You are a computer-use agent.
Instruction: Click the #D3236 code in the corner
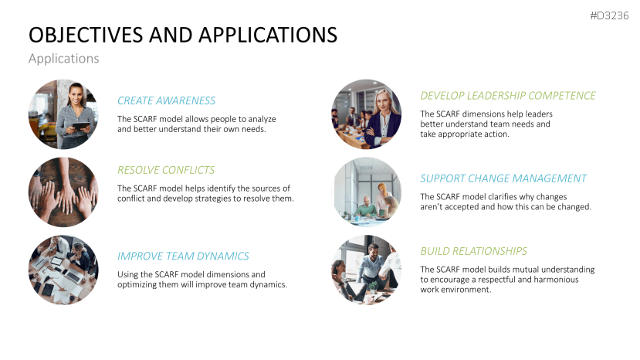608,15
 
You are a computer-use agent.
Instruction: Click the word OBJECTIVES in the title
87,36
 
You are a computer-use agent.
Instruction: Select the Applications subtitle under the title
63,59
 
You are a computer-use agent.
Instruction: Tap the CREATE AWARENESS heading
166,100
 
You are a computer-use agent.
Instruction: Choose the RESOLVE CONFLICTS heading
166,170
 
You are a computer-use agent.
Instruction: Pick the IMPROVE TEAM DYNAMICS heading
183,256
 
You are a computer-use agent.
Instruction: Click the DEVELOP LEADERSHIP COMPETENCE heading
507,96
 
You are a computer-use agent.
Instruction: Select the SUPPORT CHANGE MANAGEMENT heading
503,178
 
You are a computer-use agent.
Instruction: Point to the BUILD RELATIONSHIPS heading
473,251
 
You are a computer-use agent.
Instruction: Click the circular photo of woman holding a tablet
63,114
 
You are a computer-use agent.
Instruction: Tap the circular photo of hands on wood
63,192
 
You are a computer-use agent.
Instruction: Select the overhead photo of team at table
63,270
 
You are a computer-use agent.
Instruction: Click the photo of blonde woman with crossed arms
367,114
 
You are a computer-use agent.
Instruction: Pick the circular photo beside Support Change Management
367,192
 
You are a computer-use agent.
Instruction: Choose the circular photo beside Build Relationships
367,270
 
